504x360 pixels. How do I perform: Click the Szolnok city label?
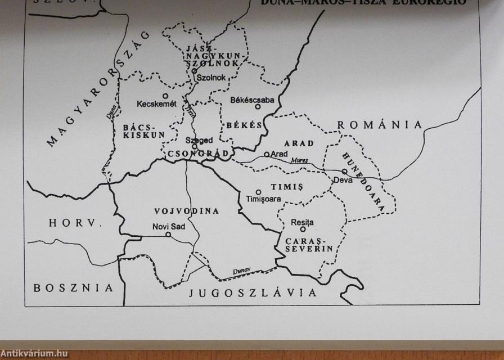coord(210,78)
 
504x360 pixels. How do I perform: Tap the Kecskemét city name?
coord(157,104)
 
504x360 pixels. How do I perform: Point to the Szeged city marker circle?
coord(194,146)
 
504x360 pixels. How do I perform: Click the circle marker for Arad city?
coord(267,154)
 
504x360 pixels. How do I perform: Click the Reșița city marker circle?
coord(303,229)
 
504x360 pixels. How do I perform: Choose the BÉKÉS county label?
coord(245,125)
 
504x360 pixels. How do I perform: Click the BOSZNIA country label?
coord(73,288)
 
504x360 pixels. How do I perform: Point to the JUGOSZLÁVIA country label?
coord(253,292)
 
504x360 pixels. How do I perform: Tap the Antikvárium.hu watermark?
coord(34,354)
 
